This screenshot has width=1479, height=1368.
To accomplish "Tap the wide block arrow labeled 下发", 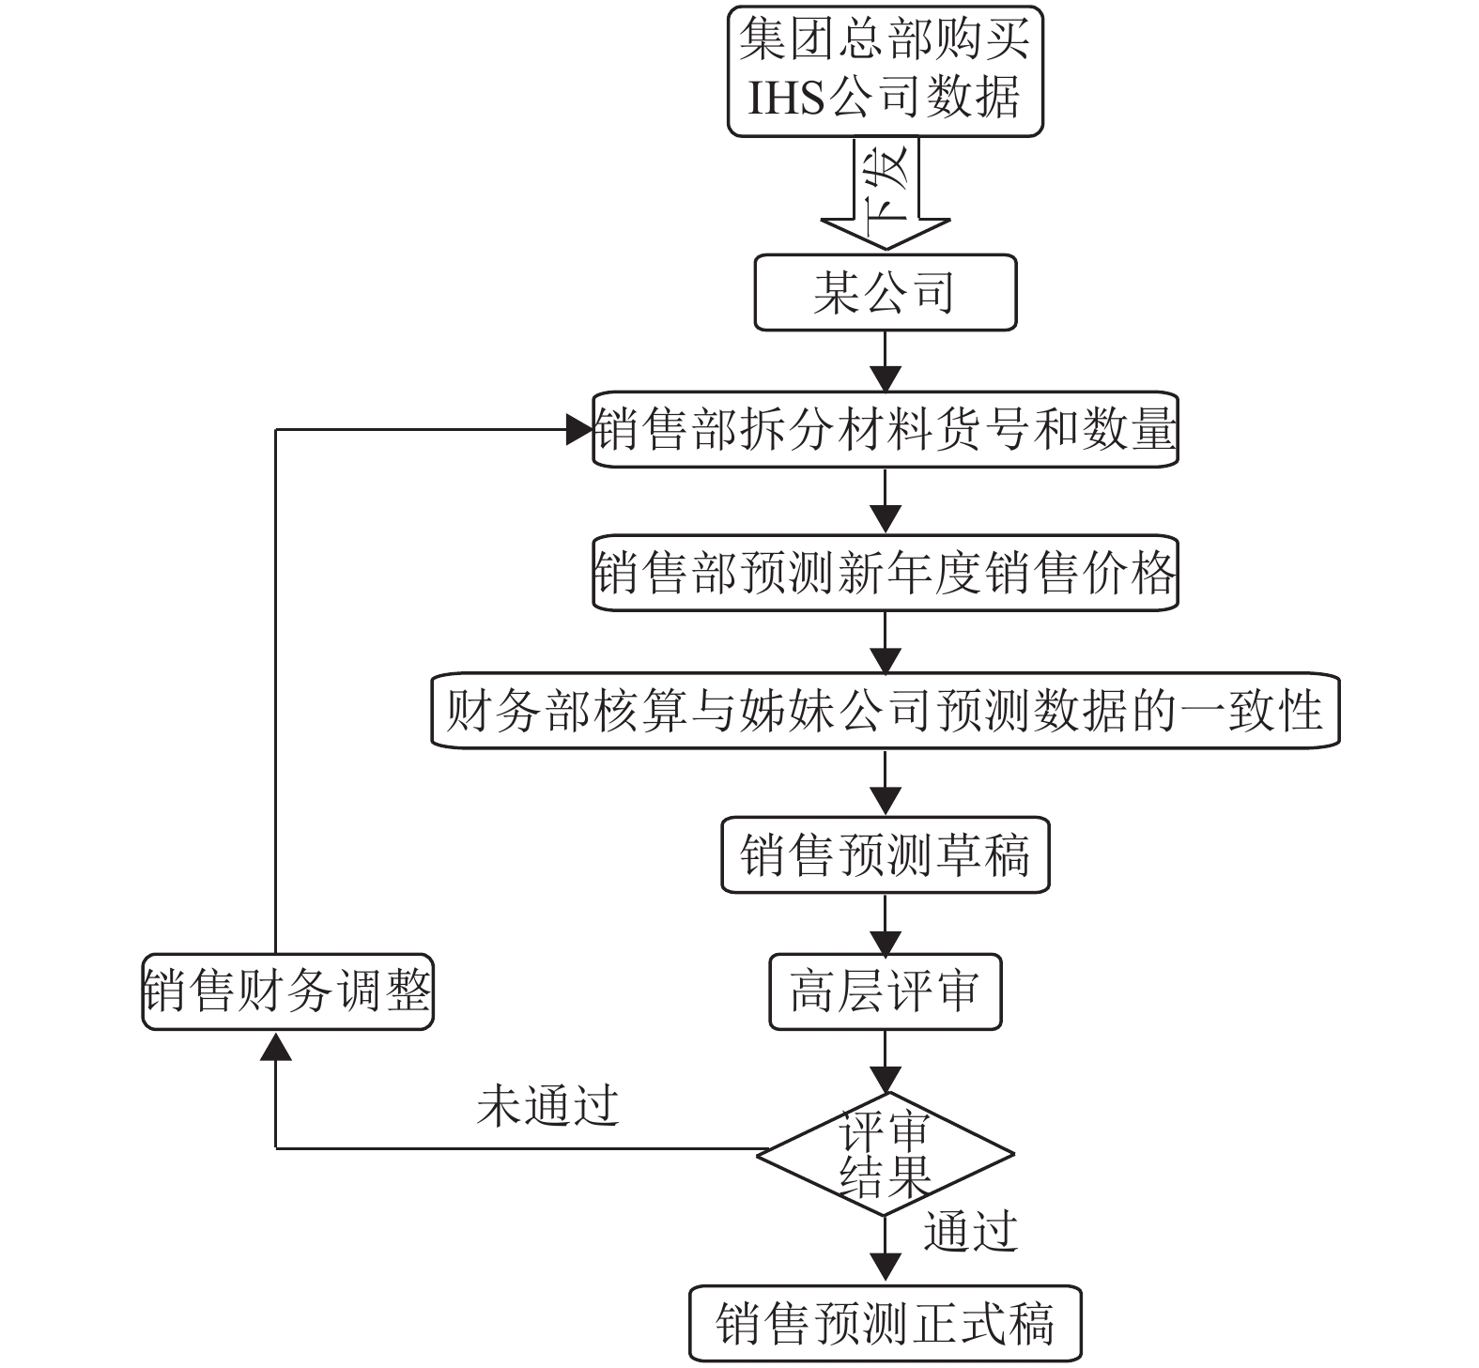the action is [885, 193].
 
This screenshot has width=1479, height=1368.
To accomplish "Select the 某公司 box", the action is [885, 292].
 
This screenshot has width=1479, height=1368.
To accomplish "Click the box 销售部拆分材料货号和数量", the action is [885, 430].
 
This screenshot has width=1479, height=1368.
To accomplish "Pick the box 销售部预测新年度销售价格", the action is [885, 573].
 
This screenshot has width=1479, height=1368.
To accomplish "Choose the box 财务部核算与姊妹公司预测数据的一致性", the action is [885, 711].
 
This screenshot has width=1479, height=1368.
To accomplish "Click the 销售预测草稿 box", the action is [885, 854].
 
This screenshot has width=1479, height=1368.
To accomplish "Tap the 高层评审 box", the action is [885, 991].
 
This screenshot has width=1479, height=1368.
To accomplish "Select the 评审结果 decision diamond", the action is [885, 1154].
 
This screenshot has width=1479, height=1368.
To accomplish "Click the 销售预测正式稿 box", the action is [885, 1324].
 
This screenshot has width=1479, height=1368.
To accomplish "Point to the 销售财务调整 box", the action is [287, 991].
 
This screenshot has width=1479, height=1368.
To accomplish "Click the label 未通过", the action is [547, 1105].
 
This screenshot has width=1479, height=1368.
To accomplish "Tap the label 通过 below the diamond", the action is [971, 1232].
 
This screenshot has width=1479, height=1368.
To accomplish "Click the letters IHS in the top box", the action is [786, 98].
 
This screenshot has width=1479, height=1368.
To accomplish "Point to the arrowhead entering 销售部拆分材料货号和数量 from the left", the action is [578, 430].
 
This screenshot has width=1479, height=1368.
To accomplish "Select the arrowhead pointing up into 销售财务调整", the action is [275, 1045].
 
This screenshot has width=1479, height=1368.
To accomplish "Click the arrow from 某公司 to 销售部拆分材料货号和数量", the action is [885, 361].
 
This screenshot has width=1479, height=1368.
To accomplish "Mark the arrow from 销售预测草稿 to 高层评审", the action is [885, 924].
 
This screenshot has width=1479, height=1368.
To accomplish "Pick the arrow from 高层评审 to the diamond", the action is [885, 1061].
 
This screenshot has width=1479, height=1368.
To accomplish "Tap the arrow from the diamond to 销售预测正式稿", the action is [885, 1251].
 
